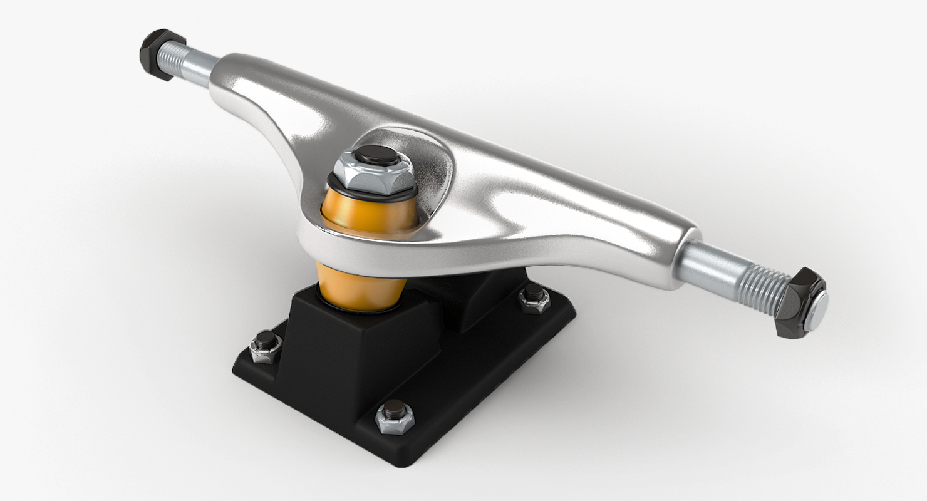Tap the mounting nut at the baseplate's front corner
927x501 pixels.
point(395,416)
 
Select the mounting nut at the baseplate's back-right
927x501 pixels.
point(534,297)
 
